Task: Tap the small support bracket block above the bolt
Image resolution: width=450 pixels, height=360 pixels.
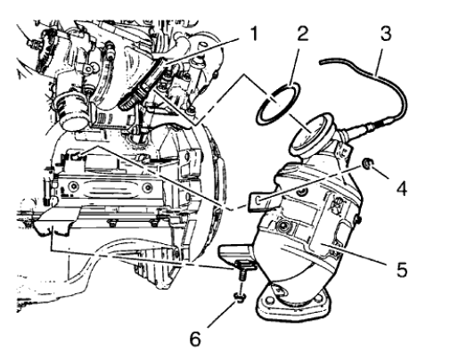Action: (x=241, y=260)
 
